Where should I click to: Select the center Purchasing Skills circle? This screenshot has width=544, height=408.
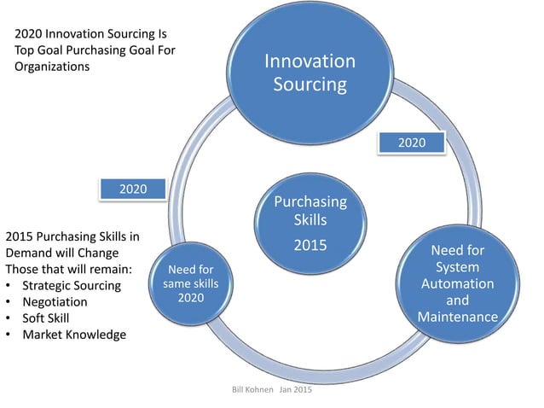point(310,222)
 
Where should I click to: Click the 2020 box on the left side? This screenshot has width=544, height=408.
point(132,188)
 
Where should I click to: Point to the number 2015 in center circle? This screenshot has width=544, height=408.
point(310,246)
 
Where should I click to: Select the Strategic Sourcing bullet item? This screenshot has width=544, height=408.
point(72,285)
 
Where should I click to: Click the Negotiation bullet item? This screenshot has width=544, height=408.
point(55,301)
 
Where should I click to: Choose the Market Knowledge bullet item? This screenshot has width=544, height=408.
point(74,334)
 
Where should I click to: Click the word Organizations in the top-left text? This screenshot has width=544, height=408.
point(52,67)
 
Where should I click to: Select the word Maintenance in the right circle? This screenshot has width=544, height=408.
point(458,318)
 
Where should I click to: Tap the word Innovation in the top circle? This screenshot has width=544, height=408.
point(310,61)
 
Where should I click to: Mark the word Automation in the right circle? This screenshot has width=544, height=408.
point(458,284)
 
